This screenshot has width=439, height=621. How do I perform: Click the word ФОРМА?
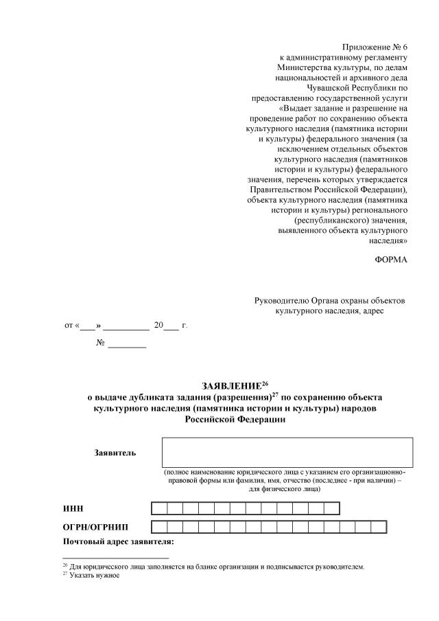click(x=392, y=259)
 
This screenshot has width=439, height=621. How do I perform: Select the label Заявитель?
click(x=115, y=452)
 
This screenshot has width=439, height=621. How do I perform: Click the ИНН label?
click(x=73, y=508)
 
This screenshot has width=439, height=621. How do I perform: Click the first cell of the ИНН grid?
click(x=158, y=508)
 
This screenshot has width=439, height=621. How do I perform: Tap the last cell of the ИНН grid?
click(x=332, y=508)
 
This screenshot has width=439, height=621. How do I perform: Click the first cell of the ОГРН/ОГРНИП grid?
click(x=158, y=528)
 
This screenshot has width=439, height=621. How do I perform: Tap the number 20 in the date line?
click(x=158, y=325)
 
